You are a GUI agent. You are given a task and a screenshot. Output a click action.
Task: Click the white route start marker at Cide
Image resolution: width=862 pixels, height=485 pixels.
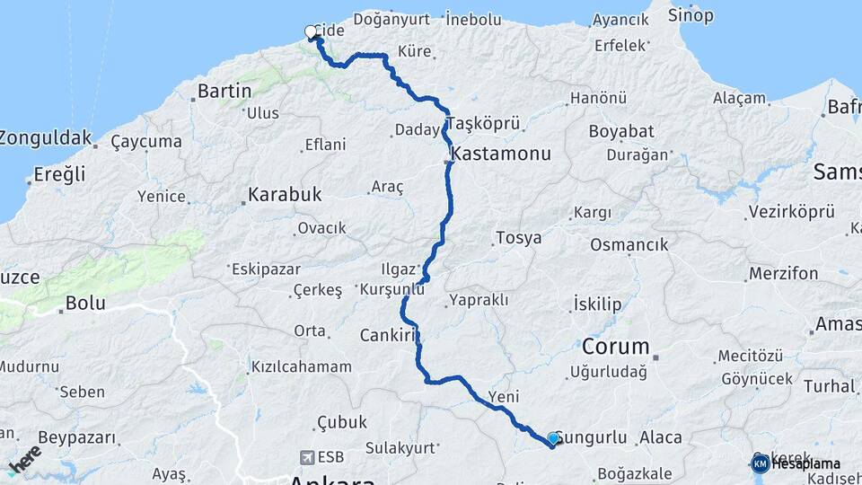pyautogui.click(x=311, y=32)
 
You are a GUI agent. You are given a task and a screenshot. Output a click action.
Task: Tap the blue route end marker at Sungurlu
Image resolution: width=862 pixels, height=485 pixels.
pyautogui.click(x=553, y=438)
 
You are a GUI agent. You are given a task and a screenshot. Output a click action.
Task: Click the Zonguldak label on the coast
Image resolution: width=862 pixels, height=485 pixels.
pyautogui.click(x=46, y=138)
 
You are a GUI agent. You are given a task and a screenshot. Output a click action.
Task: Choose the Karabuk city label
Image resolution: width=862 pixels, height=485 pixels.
pyautogui.click(x=285, y=194)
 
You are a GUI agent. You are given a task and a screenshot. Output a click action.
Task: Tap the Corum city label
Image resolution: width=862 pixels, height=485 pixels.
pyautogui.click(x=615, y=347)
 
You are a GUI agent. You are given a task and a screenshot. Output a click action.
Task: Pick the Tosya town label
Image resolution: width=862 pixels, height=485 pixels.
pyautogui.click(x=518, y=239)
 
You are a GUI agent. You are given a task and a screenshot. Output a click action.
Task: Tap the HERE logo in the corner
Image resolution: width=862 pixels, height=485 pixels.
pyautogui.click(x=24, y=459)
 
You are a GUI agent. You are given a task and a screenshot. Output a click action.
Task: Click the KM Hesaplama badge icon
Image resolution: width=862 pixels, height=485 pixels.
pyautogui.click(x=760, y=463)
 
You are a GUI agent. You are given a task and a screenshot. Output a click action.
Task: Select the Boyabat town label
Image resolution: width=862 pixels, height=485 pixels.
pyautogui.click(x=621, y=131)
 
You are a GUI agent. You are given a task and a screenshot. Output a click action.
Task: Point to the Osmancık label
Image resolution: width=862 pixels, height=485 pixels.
pyautogui.click(x=629, y=245)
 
